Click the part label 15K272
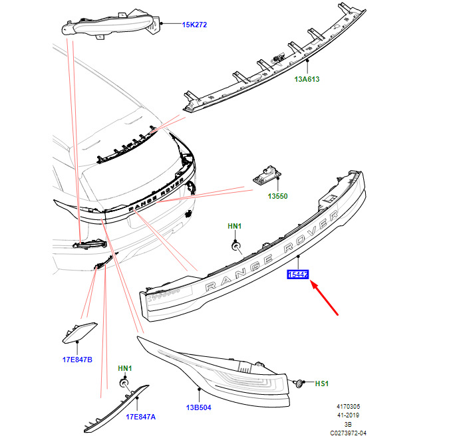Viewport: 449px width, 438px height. [194, 25]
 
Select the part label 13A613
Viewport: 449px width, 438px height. [307, 79]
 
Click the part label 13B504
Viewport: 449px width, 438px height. [197, 408]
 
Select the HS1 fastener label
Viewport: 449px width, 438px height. [322, 384]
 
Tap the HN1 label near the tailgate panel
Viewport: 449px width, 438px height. [234, 226]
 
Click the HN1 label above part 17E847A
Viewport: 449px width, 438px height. [124, 368]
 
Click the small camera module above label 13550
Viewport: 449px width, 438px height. [265, 176]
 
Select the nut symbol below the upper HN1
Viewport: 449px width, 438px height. [235, 247]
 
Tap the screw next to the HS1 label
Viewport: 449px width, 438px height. [299, 383]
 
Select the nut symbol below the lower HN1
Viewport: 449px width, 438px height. [124, 383]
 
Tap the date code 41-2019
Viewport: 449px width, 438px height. [347, 415]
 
